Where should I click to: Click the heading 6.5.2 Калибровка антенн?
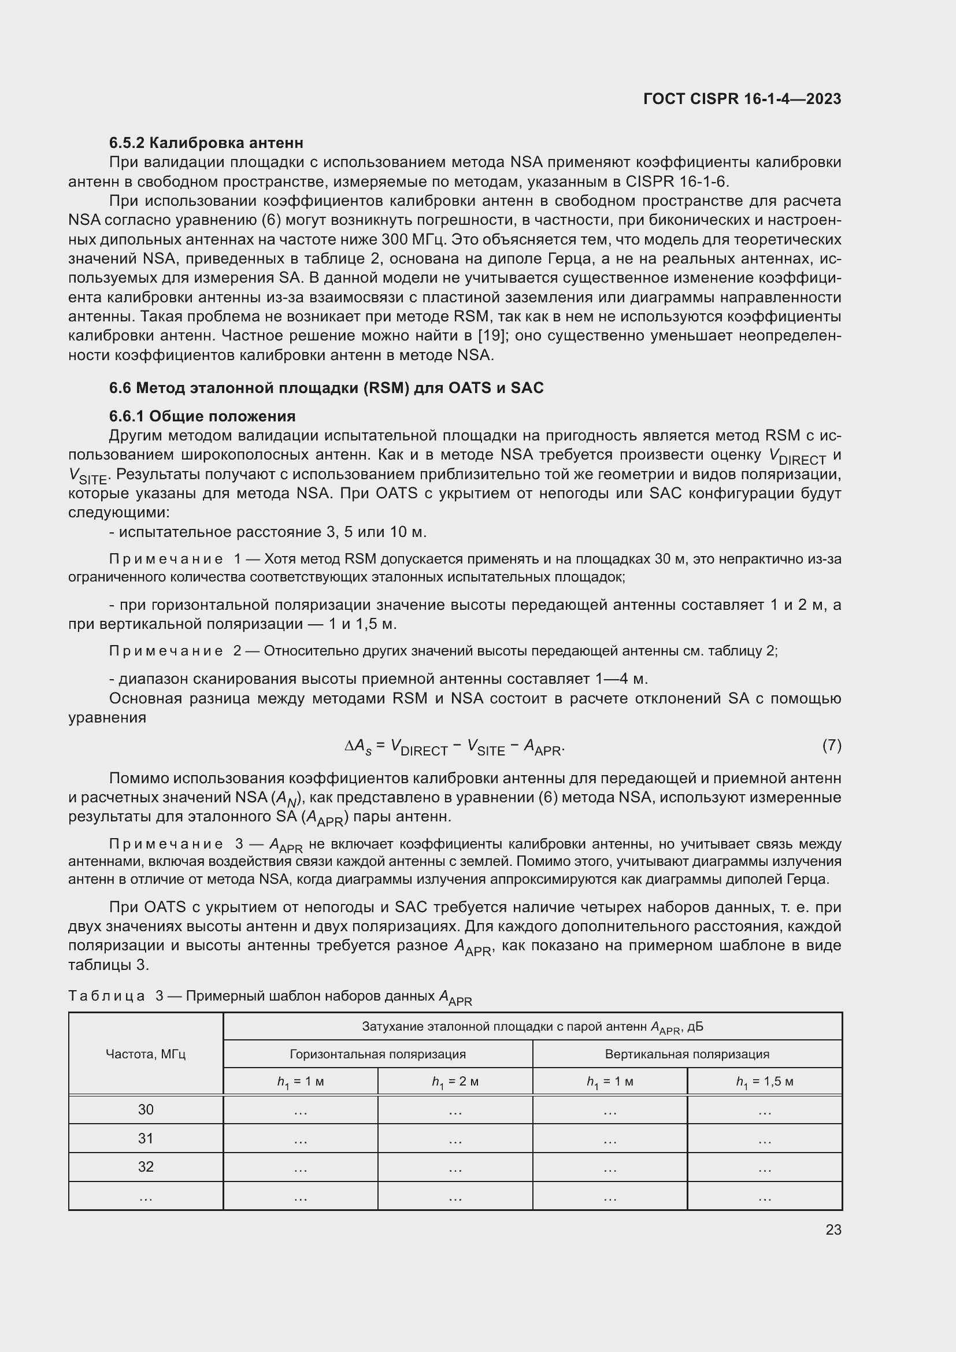pos(206,143)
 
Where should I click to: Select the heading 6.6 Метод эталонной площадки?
pos(326,387)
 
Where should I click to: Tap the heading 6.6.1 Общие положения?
pos(202,416)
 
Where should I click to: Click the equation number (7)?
pos(831,746)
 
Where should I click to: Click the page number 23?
pos(833,1229)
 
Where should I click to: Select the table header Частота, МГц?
pos(146,1054)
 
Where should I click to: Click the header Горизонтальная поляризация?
pos(377,1054)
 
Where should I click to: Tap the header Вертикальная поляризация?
pos(687,1054)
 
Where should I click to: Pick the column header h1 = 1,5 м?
pos(764,1081)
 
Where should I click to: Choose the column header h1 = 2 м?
pos(454,1081)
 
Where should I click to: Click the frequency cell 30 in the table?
pos(146,1109)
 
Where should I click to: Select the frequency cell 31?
pos(146,1138)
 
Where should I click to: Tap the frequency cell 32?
pos(146,1166)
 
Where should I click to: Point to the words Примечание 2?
pos(175,651)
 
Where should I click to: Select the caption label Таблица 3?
pos(116,996)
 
